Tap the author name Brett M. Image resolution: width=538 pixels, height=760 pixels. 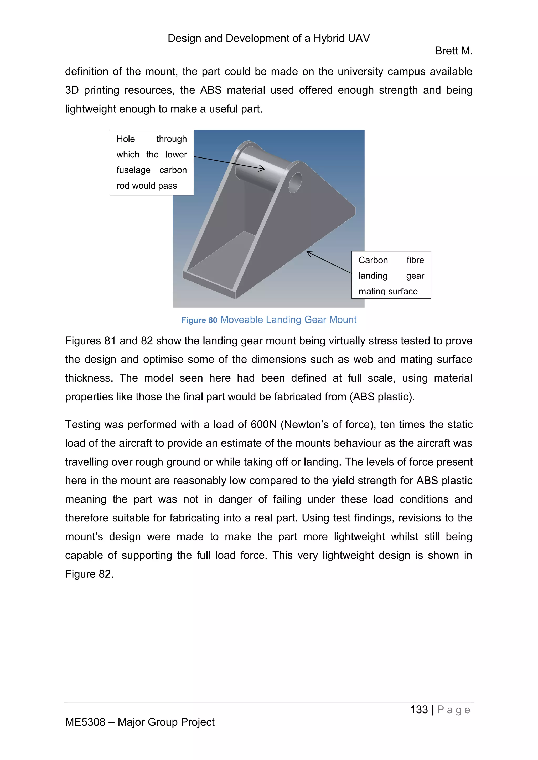tap(453, 51)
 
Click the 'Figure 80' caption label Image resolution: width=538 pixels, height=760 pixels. tap(199, 320)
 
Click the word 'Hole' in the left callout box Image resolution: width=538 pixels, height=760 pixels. tap(126, 139)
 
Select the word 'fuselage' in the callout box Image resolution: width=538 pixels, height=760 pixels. tap(133, 170)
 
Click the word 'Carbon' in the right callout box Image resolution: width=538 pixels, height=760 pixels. tap(373, 260)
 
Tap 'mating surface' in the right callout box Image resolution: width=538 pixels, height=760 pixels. tap(388, 291)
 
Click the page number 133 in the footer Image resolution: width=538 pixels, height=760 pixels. tap(419, 710)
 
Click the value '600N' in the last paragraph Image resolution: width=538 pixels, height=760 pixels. tap(263, 425)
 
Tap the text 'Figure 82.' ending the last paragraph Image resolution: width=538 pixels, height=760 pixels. tap(89, 574)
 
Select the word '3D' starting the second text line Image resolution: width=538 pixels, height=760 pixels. tap(71, 90)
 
